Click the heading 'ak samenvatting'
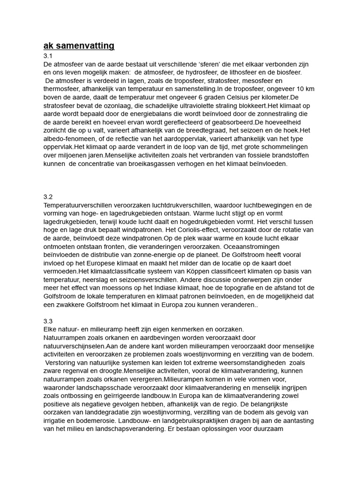pyautogui.click(x=79, y=46)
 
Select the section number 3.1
pyautogui.click(x=48, y=56)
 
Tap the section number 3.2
pyautogui.click(x=48, y=196)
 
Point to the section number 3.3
pyautogui.click(x=48, y=321)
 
